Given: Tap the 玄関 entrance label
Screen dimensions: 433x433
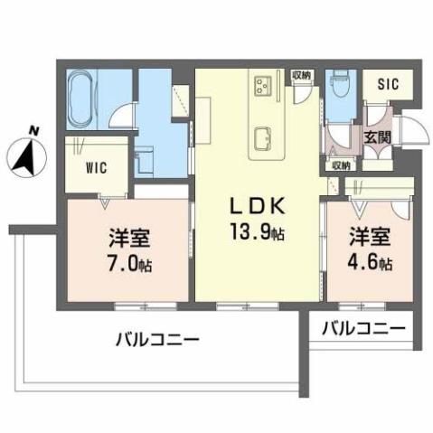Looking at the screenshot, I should [x=378, y=137].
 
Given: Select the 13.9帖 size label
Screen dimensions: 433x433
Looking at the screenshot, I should [x=259, y=233].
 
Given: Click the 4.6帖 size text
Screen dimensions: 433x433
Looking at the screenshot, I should [x=371, y=263].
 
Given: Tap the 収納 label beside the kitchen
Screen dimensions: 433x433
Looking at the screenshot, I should [x=301, y=76].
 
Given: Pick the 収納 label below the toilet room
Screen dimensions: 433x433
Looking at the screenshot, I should [x=340, y=165].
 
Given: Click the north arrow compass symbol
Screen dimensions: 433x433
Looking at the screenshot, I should [x=25, y=160].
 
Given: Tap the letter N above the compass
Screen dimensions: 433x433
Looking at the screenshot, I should [x=33, y=131].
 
